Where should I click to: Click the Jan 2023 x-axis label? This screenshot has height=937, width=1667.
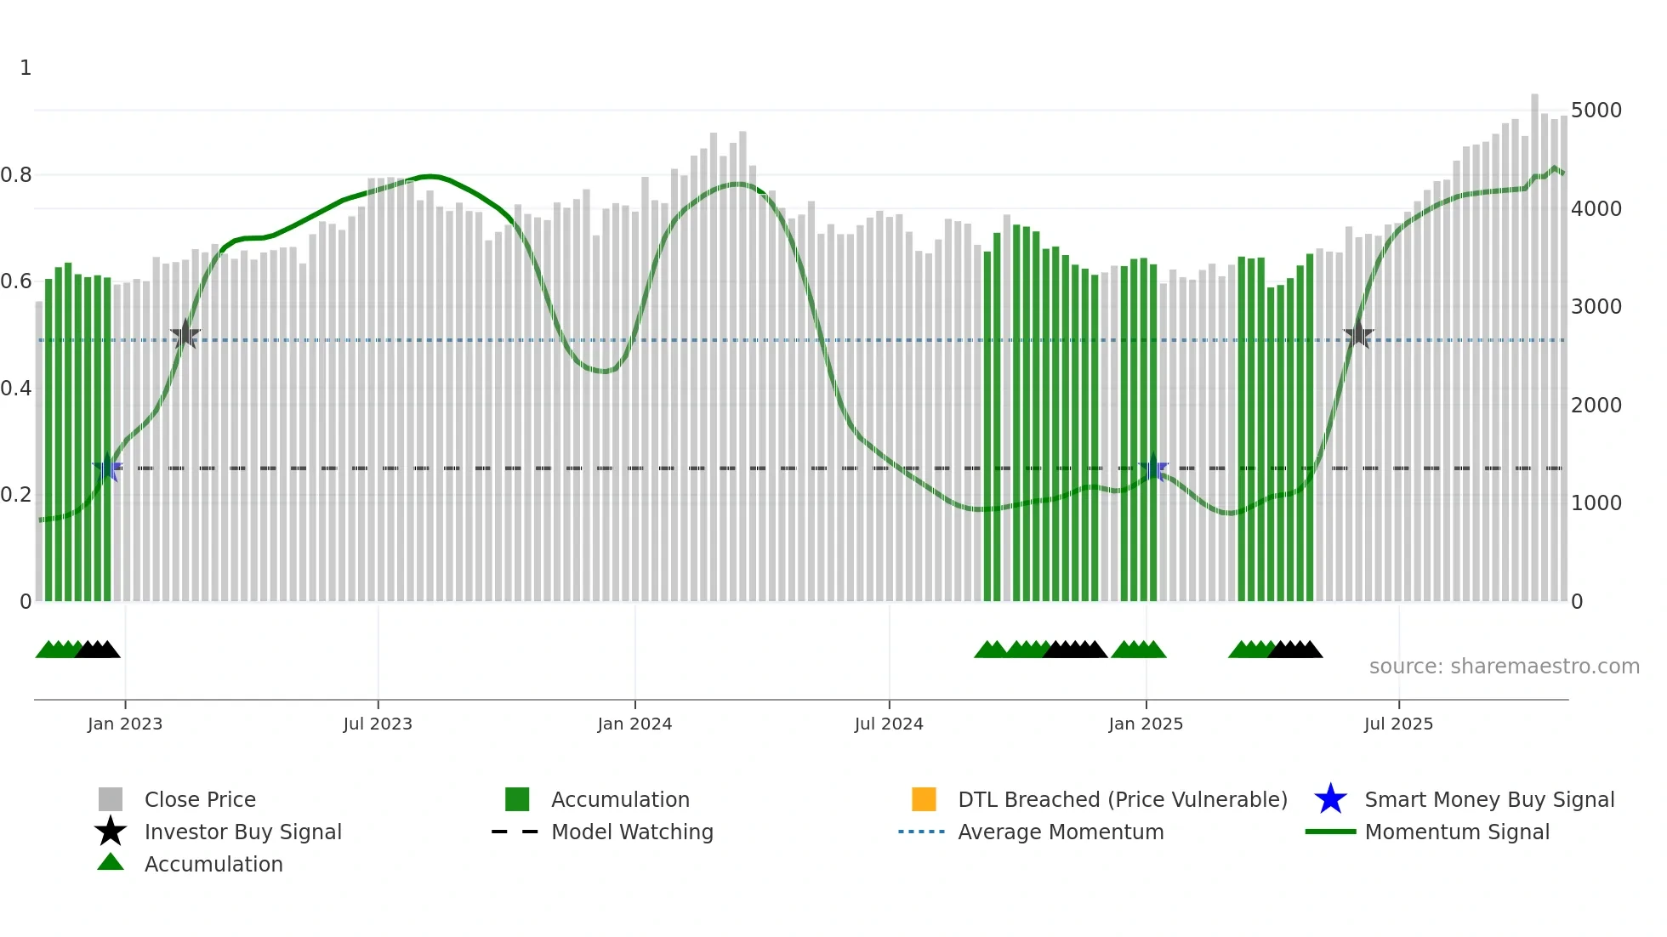(x=125, y=724)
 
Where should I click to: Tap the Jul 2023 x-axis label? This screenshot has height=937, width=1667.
(x=378, y=724)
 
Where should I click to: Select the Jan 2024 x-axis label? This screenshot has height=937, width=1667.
(x=634, y=724)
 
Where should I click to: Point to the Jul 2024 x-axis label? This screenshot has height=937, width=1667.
(x=889, y=724)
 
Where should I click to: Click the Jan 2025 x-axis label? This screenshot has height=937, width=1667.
(x=1146, y=724)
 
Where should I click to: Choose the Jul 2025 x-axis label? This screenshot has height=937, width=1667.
(x=1398, y=724)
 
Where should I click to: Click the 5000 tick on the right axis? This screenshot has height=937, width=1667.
(x=1596, y=111)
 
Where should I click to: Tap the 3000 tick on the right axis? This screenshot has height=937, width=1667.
(x=1596, y=307)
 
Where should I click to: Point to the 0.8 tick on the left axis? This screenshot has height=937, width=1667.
(x=16, y=175)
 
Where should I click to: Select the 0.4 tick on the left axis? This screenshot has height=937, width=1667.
(x=16, y=389)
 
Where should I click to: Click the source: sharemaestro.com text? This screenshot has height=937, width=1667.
(x=1504, y=667)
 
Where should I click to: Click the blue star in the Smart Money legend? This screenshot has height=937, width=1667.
(x=1330, y=799)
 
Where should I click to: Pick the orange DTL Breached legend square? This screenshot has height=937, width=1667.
(x=924, y=799)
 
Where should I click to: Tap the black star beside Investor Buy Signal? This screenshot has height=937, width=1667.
(x=111, y=832)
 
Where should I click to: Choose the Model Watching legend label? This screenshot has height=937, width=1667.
(x=632, y=832)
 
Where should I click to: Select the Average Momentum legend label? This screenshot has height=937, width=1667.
(x=1061, y=832)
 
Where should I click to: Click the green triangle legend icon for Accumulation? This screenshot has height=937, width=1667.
(x=111, y=863)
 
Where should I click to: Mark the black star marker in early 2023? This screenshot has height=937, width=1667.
(x=185, y=335)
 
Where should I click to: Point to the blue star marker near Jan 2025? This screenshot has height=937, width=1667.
(x=1153, y=468)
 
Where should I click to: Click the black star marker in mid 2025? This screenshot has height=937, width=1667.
(x=1358, y=334)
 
